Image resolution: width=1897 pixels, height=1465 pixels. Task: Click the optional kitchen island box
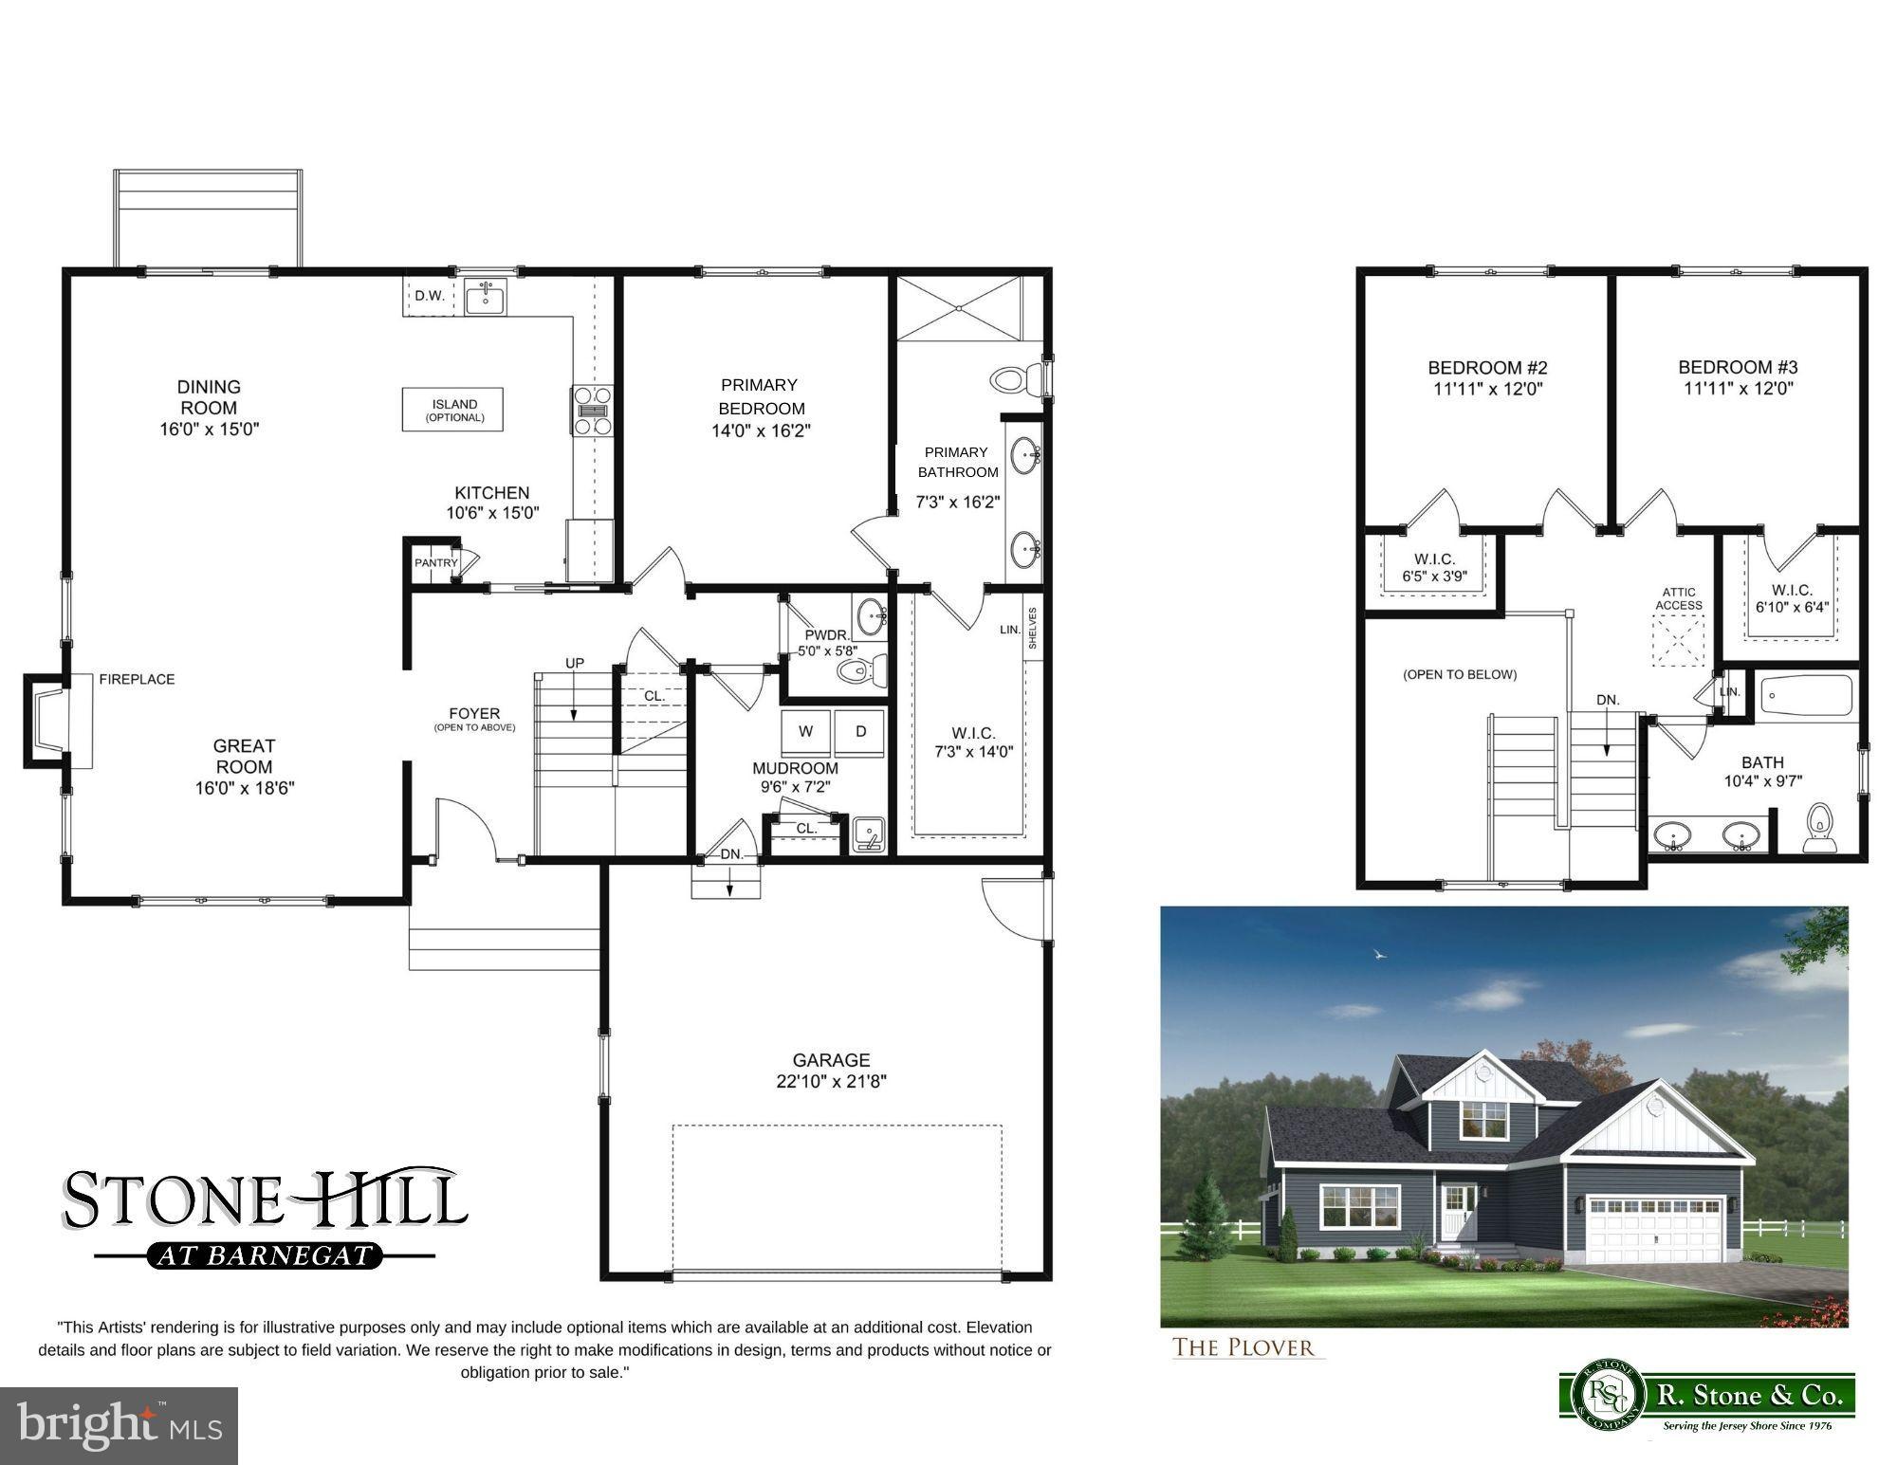[452, 410]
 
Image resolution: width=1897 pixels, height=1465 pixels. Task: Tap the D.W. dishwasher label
[430, 296]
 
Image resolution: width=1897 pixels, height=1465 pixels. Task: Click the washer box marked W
[806, 731]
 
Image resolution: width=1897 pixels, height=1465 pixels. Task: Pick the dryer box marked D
[860, 731]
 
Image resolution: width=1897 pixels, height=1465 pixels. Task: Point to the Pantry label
[435, 562]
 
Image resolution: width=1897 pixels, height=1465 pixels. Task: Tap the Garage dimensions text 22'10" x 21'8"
[831, 1081]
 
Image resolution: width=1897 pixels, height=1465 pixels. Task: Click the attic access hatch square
[1678, 640]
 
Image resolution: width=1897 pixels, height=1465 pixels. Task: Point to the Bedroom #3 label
[1738, 367]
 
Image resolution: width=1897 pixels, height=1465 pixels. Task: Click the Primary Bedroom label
[760, 396]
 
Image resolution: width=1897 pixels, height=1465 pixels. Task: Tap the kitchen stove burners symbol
[592, 411]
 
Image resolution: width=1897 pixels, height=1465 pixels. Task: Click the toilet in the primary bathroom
[1017, 380]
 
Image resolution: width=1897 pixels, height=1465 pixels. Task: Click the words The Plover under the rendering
[1243, 1347]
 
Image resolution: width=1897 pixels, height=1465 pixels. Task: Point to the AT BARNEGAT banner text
[265, 1255]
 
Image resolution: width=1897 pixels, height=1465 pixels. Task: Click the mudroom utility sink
[868, 833]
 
